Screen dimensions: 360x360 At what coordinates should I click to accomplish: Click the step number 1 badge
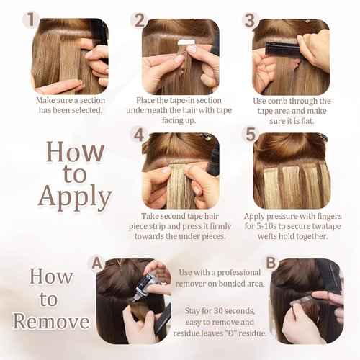point(31,20)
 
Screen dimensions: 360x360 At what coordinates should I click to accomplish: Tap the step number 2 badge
point(140,20)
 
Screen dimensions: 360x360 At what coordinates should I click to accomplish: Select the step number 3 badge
point(250,20)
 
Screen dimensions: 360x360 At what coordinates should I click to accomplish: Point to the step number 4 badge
point(139,135)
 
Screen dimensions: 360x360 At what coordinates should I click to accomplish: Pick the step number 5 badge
point(251,135)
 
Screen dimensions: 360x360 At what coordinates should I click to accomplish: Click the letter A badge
point(96,264)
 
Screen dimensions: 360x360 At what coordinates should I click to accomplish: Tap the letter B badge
point(271,263)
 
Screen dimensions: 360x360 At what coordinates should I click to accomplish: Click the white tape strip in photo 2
point(185,42)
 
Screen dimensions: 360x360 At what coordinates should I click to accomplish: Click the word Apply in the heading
point(75,197)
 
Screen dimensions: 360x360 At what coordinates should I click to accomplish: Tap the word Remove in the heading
point(51,322)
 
